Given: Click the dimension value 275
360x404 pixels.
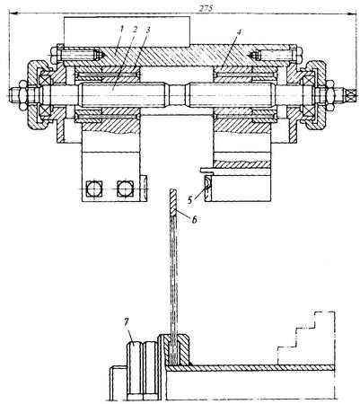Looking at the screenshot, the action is point(206,8).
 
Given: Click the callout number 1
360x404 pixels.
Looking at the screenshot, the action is point(121,29).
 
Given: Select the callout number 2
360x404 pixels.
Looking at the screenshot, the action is point(135,30).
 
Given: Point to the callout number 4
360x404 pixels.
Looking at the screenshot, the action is point(239,31).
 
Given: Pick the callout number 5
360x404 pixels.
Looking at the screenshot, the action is point(189,200).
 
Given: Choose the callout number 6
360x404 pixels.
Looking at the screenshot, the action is point(195,220).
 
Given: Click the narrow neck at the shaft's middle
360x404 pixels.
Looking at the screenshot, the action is point(178,94).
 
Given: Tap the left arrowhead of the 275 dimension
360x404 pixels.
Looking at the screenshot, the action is point(14,13).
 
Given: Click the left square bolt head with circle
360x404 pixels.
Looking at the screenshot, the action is point(94,189).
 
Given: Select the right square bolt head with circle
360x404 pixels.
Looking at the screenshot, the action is point(125,189).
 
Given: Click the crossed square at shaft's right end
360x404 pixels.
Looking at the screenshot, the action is point(351,95).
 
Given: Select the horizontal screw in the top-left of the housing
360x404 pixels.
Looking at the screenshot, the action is point(78,55).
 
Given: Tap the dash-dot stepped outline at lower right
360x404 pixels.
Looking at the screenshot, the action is point(306,338).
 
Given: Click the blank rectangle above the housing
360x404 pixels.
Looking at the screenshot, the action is point(127,31).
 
